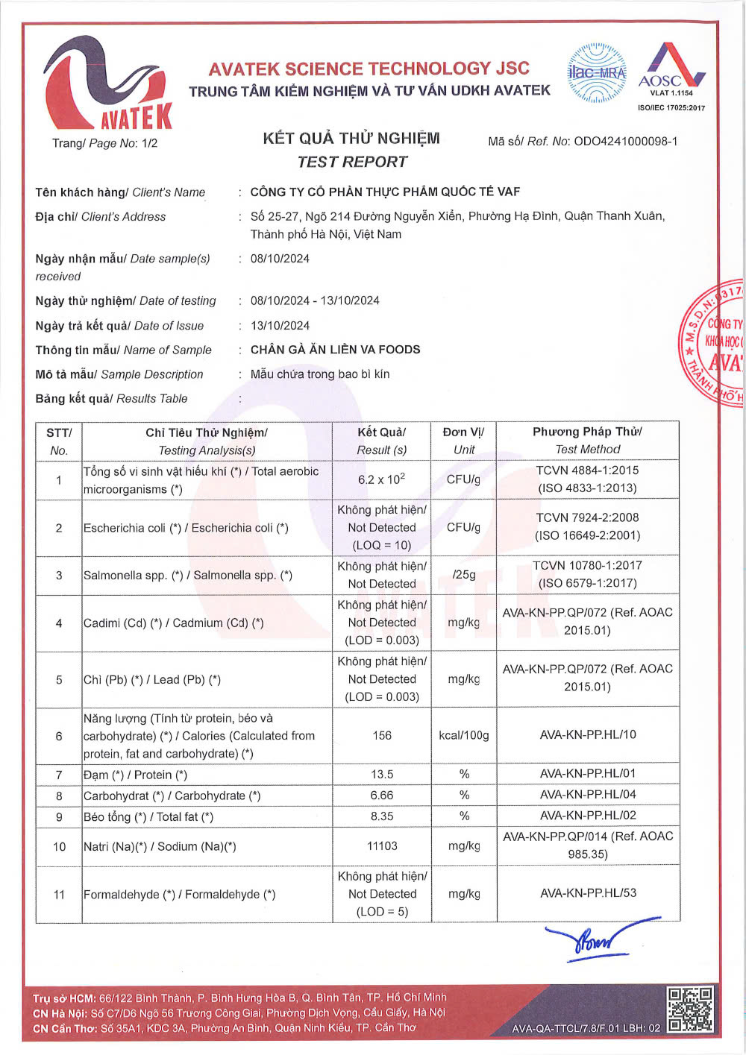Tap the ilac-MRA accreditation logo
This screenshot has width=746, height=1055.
597,73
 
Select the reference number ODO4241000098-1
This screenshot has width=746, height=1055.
625,141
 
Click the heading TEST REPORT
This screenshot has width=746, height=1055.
352,162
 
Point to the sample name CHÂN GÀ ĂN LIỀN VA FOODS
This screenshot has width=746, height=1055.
335,350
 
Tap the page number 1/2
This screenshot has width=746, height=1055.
149,143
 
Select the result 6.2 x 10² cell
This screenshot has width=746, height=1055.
381,479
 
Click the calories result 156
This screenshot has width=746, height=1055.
382,736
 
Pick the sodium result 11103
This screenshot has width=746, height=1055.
382,846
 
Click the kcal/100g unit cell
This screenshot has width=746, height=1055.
464,736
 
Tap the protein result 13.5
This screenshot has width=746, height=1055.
382,775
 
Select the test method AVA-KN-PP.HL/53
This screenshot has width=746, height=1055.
588,893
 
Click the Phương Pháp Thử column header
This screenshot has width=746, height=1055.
588,432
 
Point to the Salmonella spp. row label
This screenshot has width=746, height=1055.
188,576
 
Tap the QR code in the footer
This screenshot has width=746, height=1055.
690,1010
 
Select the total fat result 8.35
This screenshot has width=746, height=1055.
382,816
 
